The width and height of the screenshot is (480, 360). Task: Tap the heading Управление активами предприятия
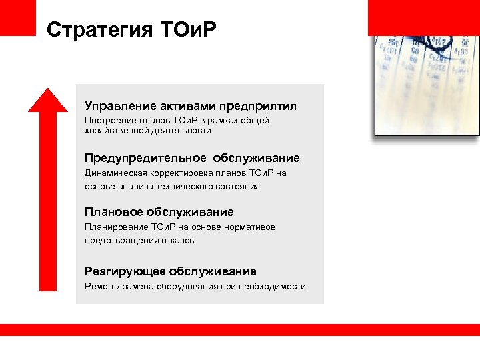(x=190, y=106)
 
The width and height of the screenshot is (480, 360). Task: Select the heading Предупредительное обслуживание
(x=192, y=159)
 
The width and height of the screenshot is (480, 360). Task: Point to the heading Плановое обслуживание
(x=159, y=212)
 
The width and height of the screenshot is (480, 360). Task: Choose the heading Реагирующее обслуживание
(x=170, y=271)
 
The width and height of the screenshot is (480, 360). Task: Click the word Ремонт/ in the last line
(x=101, y=287)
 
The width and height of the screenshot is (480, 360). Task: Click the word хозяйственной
(x=115, y=131)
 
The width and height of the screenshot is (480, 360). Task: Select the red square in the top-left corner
(x=17, y=17)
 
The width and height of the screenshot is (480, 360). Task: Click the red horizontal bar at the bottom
(x=240, y=329)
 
